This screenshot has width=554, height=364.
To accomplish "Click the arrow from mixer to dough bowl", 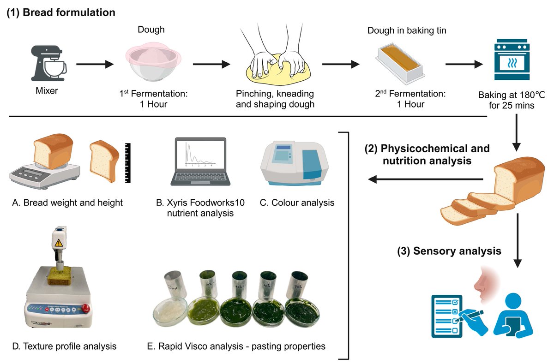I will coord(95,64).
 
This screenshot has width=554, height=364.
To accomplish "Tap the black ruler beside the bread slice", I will coord(128,163).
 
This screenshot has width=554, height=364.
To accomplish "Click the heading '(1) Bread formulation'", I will coord(60,12).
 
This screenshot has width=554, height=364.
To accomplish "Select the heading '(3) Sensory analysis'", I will coord(449,251).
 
